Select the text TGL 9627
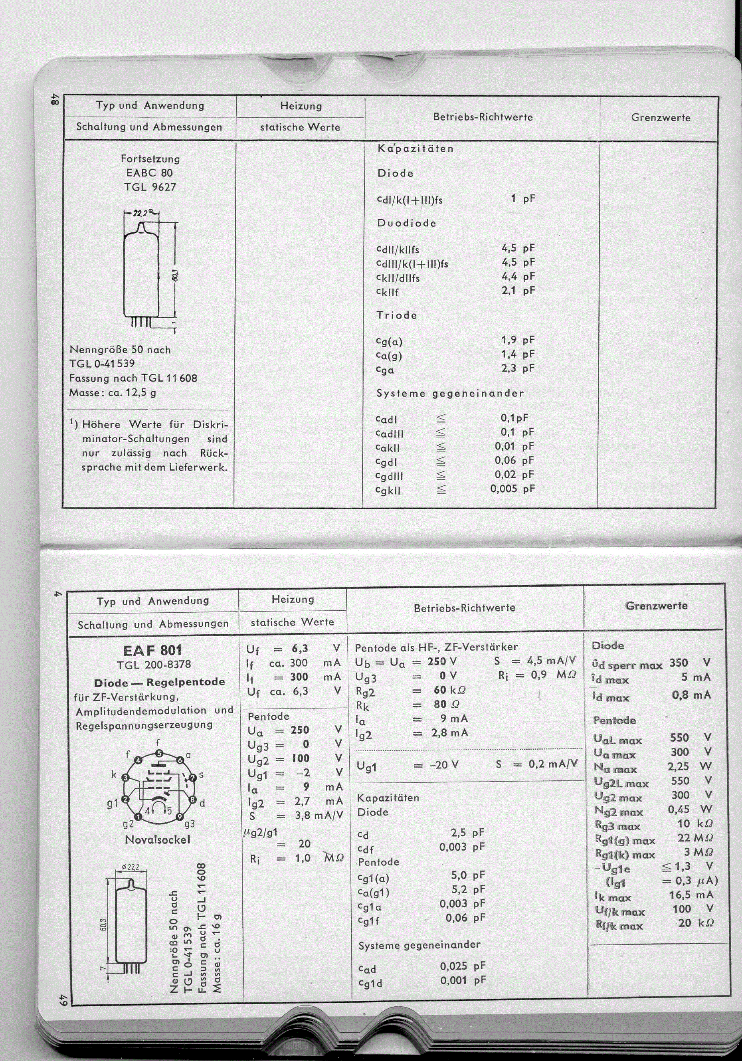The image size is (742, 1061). [150, 187]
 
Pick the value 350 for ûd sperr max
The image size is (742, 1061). [679, 663]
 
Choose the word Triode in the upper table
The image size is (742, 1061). [396, 315]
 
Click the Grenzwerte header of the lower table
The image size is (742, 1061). [656, 606]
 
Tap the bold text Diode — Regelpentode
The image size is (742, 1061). [159, 682]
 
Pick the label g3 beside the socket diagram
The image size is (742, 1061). [190, 824]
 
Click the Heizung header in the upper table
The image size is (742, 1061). [301, 106]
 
